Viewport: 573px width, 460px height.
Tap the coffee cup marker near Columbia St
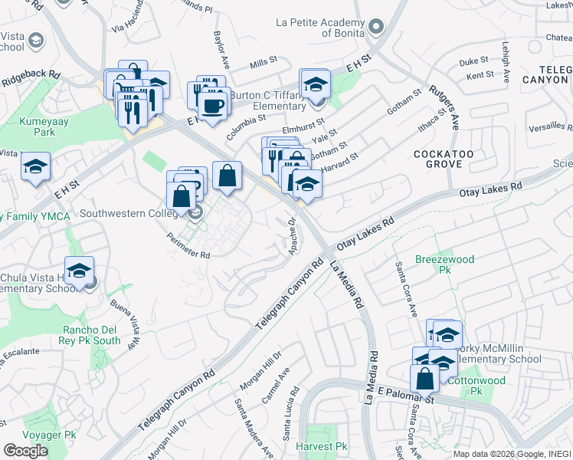point(214,106)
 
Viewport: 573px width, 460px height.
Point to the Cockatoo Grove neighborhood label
point(438,159)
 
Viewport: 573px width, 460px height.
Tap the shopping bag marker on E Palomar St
point(424,378)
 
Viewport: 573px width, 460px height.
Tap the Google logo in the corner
point(26,451)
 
